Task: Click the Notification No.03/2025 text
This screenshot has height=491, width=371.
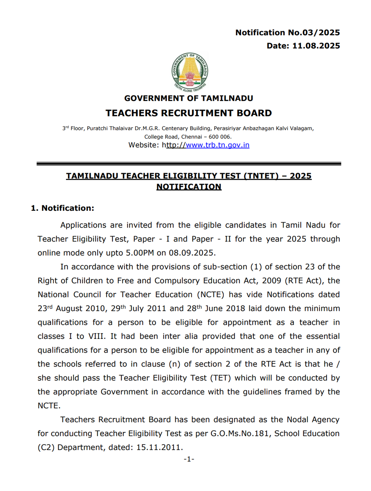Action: tap(287, 33)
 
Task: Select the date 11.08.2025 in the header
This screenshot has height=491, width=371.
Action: tap(316, 46)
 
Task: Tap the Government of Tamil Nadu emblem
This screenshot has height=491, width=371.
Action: tap(190, 72)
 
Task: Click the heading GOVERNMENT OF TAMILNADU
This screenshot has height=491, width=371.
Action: tap(189, 98)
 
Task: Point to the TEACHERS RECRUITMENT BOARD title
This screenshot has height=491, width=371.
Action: tap(189, 113)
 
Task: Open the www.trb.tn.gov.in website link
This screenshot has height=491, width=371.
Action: tap(218, 145)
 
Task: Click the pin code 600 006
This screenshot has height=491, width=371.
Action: tap(220, 137)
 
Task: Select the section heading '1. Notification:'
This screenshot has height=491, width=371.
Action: tap(63, 208)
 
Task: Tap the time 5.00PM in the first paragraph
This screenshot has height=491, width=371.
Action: tap(140, 253)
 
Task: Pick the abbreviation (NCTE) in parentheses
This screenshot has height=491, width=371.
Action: tap(210, 295)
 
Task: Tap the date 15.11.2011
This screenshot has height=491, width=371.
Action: tap(159, 447)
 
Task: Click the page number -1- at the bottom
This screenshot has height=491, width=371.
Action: tap(189, 460)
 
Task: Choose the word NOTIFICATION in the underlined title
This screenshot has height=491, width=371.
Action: tap(189, 187)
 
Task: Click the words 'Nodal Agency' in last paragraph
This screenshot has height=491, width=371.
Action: tap(313, 420)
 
